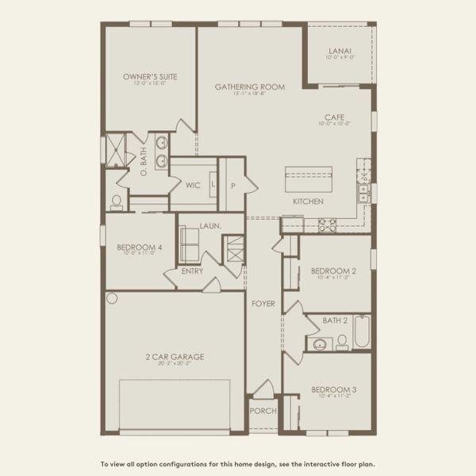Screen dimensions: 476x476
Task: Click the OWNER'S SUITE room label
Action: coord(150,77)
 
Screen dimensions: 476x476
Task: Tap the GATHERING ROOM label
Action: coord(250,86)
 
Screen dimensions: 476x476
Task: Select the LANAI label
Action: coord(340,52)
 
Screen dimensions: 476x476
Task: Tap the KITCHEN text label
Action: coord(308,202)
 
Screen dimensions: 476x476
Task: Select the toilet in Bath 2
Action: coord(342,342)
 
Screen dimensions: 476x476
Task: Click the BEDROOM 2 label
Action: coord(333,271)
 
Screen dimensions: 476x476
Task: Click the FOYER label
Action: coord(263,303)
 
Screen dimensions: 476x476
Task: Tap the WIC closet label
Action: coord(193,186)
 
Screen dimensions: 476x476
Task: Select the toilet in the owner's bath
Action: coord(117,202)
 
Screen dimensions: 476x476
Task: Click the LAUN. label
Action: coord(209,226)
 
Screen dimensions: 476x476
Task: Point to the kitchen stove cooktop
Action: coord(327,225)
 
